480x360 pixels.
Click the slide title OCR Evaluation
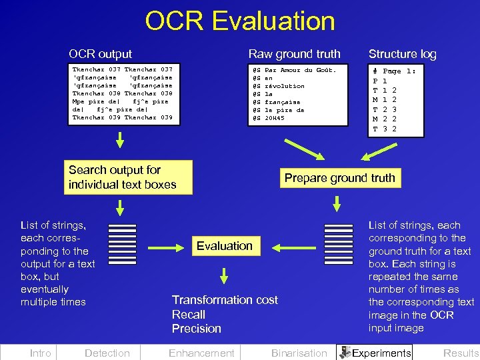(x=240, y=21)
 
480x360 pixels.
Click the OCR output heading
(x=100, y=54)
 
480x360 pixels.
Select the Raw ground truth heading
(x=294, y=54)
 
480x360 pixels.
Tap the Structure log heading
(x=402, y=54)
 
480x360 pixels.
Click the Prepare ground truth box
(x=339, y=178)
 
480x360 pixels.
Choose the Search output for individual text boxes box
(x=122, y=177)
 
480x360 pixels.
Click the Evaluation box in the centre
(x=224, y=246)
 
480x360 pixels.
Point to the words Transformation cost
(x=225, y=300)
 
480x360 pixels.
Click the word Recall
(x=189, y=314)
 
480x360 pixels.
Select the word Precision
(x=197, y=328)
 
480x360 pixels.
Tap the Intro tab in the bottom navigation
(x=40, y=353)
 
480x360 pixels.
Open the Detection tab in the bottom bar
(x=107, y=353)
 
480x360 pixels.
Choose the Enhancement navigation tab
(x=201, y=353)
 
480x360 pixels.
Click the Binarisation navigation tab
(x=299, y=353)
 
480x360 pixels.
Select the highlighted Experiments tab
(x=375, y=353)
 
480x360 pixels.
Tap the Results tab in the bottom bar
(x=461, y=353)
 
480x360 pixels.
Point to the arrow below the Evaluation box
(x=225, y=275)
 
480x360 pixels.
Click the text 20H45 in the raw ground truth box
(x=275, y=118)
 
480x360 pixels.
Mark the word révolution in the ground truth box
(x=285, y=86)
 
